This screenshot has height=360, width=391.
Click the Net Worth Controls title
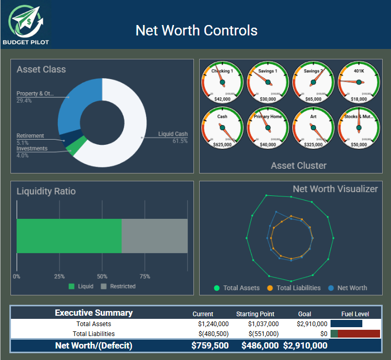pos(196,30)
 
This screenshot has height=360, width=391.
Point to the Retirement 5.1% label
pos(30,139)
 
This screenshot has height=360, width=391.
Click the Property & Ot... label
pos(35,97)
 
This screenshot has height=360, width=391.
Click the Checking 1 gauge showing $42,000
pos(222,82)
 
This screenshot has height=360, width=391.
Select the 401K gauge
pos(359,82)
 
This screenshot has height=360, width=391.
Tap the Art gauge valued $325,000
pos(313,128)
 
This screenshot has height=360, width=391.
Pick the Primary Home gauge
pos(268,128)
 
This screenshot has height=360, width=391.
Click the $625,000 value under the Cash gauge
pos(222,145)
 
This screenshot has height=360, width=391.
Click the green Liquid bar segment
pos(69,236)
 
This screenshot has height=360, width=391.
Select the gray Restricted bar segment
pos(154,236)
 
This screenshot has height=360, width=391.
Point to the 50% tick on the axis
pos(102,277)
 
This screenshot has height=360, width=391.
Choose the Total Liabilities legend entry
pos(294,288)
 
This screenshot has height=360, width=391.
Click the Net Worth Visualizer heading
pos(335,189)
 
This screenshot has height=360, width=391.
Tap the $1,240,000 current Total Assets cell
pos(211,324)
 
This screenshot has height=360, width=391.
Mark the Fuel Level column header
pos(355,314)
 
